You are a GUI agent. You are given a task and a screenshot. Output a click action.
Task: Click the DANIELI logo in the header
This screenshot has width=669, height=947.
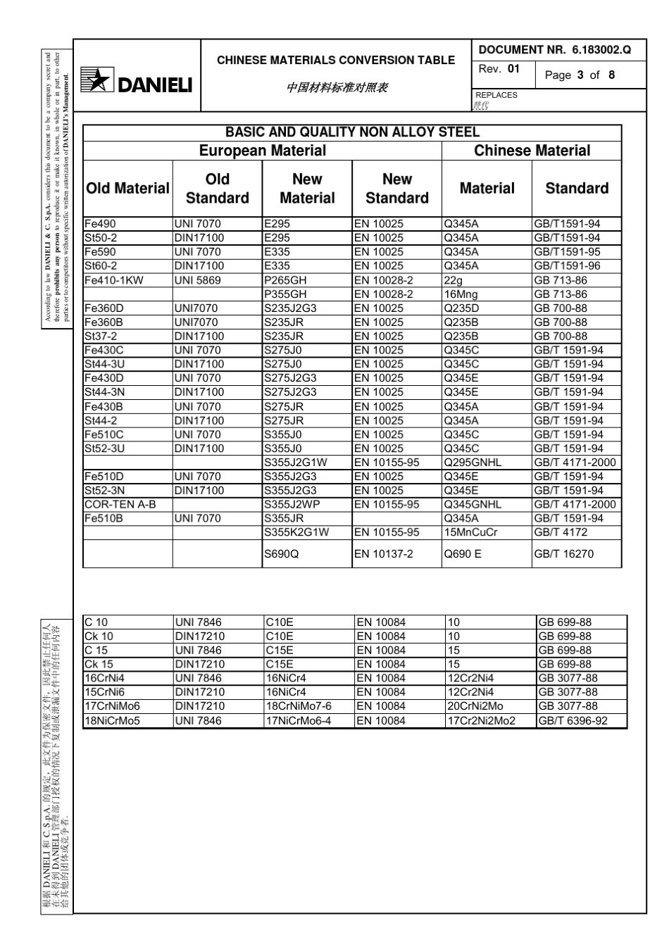point(137,84)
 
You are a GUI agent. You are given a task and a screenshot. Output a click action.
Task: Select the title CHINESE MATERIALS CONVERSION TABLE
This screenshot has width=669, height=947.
point(336,61)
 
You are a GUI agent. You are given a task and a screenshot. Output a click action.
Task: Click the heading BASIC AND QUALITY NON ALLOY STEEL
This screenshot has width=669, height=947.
point(352,132)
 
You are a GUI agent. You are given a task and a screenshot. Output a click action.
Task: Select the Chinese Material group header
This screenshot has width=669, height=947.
point(532,151)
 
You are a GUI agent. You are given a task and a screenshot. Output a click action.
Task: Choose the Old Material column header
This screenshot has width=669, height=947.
point(127,189)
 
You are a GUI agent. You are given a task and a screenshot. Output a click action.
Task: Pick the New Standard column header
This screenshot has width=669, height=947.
point(396,189)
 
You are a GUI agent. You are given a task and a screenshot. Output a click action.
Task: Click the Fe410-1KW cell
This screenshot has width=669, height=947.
point(114,280)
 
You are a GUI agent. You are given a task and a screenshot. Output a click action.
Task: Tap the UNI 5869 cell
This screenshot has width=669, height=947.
point(197,280)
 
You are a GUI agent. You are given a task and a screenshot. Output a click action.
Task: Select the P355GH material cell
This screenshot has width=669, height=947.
point(285,294)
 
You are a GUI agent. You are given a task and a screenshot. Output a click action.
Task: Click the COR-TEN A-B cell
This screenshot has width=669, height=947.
point(120,505)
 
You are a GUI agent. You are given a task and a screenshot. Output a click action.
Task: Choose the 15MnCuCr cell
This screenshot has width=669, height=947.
point(470,532)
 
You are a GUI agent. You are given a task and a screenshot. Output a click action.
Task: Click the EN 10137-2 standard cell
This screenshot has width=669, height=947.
point(384,554)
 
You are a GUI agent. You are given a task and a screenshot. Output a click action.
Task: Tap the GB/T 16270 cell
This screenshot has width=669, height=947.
point(563,554)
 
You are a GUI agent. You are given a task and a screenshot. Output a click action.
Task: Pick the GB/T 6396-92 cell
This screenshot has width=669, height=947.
point(573,721)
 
